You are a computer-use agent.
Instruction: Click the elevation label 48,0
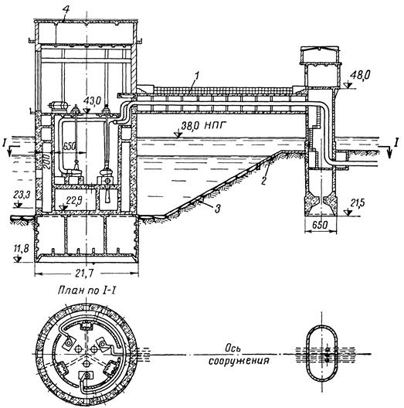click(360, 76)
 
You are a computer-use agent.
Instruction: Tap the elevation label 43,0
click(93, 101)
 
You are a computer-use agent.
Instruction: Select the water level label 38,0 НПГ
click(203, 126)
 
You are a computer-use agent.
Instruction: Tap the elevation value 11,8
click(22, 248)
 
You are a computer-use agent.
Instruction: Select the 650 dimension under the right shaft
click(321, 225)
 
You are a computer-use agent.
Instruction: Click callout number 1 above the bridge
click(197, 76)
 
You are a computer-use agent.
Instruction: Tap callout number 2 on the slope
click(263, 180)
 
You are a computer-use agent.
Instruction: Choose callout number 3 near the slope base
click(218, 208)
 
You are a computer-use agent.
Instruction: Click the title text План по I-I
click(87, 291)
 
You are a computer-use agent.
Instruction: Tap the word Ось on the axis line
click(233, 348)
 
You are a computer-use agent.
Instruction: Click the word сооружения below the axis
click(239, 361)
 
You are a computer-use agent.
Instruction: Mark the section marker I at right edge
click(396, 142)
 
